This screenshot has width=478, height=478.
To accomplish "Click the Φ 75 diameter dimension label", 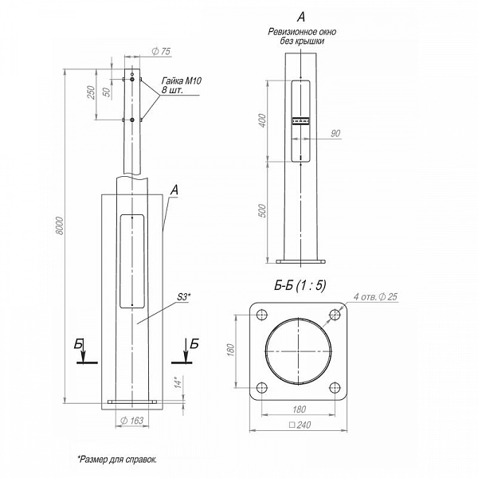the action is (x=161, y=51).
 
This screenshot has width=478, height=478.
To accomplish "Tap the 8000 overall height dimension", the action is (x=60, y=225).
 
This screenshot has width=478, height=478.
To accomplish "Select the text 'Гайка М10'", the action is (x=182, y=80).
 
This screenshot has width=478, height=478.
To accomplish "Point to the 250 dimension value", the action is (x=91, y=92).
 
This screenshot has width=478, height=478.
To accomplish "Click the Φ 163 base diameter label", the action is (x=131, y=421).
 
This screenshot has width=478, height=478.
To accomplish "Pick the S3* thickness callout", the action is (x=184, y=296).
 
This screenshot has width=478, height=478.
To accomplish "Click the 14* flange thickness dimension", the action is (x=178, y=382).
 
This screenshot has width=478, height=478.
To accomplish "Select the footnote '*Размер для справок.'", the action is (x=118, y=460).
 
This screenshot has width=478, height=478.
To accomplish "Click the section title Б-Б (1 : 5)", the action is (x=300, y=286).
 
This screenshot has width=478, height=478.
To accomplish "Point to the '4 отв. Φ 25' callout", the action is (x=375, y=296).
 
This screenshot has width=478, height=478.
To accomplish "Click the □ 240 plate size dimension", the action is (x=300, y=425).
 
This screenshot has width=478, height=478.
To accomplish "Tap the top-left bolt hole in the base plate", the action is (x=262, y=315).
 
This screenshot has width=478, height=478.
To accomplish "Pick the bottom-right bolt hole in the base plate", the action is (x=335, y=388).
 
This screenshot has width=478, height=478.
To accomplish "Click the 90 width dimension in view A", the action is (x=335, y=133).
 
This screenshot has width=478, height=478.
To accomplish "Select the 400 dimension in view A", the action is (x=262, y=120).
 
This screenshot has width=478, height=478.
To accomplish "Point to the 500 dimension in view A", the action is (x=262, y=210).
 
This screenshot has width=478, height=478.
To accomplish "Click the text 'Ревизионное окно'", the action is (x=302, y=32).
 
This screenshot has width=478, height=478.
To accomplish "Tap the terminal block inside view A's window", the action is (x=301, y=121).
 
